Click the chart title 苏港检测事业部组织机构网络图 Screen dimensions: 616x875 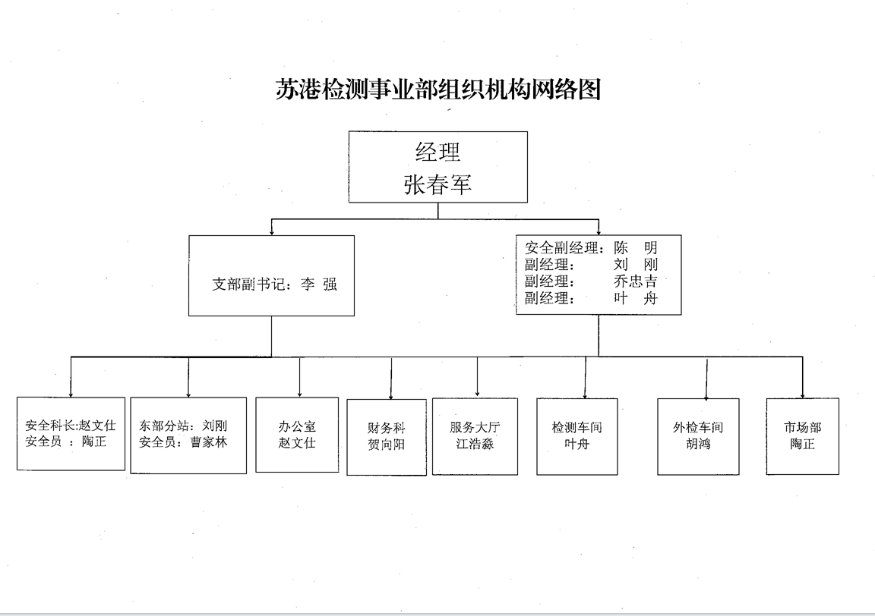tap(437, 90)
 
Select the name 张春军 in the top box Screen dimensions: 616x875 tap(437, 185)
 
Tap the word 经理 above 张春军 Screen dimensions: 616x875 tap(437, 152)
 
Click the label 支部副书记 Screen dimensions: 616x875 tap(248, 285)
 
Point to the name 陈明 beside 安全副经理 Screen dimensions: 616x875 tap(636, 247)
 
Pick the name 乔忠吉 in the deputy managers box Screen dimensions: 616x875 tap(636, 281)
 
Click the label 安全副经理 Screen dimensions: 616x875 tap(562, 247)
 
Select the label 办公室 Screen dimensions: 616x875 tap(297, 426)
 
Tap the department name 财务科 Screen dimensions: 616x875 tap(387, 427)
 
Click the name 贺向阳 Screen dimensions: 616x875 tap(387, 445)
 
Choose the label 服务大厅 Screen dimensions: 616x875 tap(475, 427)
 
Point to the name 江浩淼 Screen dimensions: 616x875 tap(475, 444)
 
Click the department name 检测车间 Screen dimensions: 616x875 tap(577, 427)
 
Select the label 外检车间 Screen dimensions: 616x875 tap(698, 427)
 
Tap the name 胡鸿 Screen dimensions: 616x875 tap(698, 444)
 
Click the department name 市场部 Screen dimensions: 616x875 tap(803, 427)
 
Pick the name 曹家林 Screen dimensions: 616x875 tap(209, 442)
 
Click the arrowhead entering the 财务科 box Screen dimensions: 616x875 tap(391, 396)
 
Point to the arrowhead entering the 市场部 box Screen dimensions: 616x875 tap(803, 394)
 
